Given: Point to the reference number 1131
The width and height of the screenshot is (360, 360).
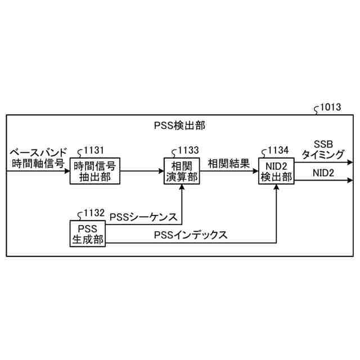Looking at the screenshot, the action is point(94,150).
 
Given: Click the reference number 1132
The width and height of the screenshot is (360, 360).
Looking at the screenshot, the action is point(94,213).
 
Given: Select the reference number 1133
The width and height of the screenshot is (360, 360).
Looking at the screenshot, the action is point(187,150).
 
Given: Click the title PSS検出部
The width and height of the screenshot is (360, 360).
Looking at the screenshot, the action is point(179,124).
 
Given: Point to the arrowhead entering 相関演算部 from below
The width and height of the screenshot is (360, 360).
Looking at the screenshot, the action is point(181,188).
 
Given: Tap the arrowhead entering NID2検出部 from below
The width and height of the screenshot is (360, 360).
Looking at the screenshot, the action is point(276,188).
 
